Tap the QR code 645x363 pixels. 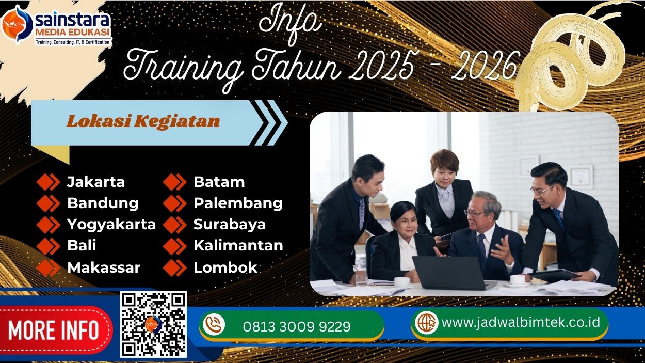point(153,324)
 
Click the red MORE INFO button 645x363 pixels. point(54,329)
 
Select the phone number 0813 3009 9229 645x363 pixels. point(296,327)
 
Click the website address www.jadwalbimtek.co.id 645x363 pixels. point(521,322)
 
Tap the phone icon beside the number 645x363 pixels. point(214,325)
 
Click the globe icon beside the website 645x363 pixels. point(427,322)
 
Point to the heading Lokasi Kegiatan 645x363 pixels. point(143,122)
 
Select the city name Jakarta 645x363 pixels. point(95,182)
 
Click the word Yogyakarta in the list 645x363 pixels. point(111,225)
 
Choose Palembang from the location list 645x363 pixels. point(238,203)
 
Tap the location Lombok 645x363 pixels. point(225,267)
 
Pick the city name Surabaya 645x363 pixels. point(230,225)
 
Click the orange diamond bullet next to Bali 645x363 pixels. point(49,246)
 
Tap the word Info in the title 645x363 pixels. point(289,22)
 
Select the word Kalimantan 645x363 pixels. point(238,246)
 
